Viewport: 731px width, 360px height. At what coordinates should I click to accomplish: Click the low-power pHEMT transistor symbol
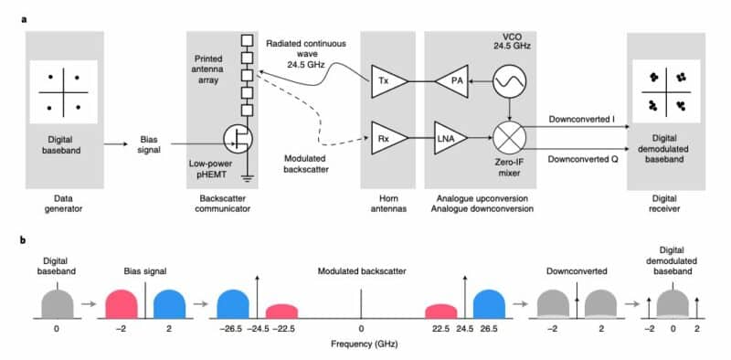[238, 139]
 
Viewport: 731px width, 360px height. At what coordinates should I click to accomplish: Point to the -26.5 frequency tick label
[233, 329]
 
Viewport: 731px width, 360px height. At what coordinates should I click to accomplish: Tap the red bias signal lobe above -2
[134, 304]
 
